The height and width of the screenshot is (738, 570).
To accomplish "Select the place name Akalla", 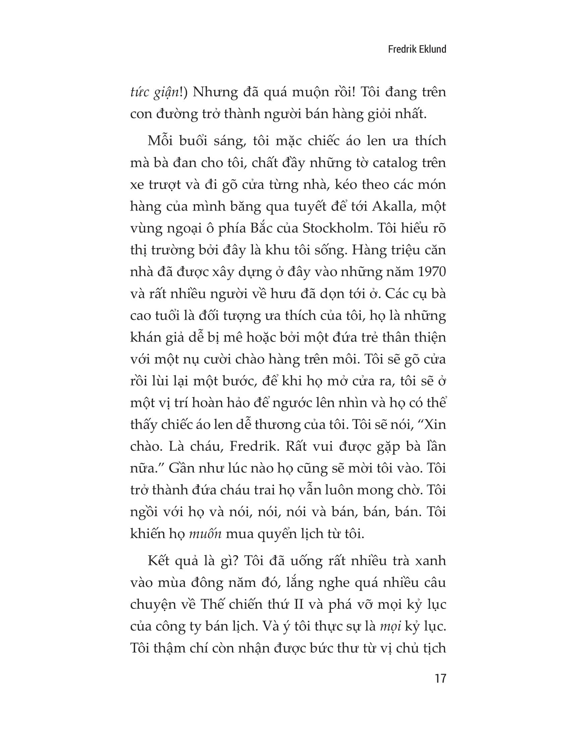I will click(x=392, y=206).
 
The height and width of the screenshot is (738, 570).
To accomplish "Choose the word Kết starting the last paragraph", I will click(x=158, y=561).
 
